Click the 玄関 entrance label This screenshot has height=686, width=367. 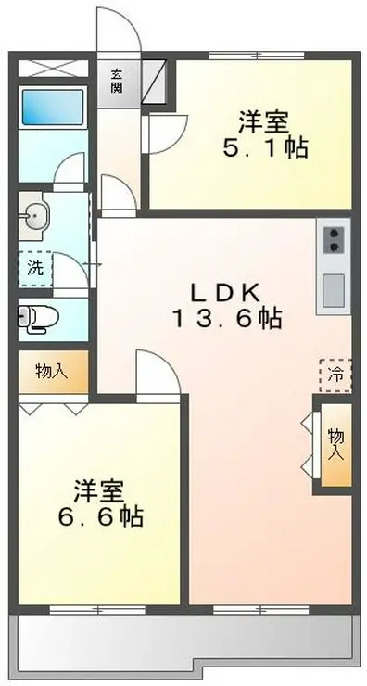click(118, 82)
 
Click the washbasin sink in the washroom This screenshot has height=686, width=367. click(34, 217)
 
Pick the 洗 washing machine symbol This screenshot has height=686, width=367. click(34, 270)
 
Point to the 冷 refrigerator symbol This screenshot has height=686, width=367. click(335, 375)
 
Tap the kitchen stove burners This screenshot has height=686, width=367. click(333, 240)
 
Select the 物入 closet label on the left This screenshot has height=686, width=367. click(52, 372)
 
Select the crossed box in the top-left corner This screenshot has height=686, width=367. click(53, 68)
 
